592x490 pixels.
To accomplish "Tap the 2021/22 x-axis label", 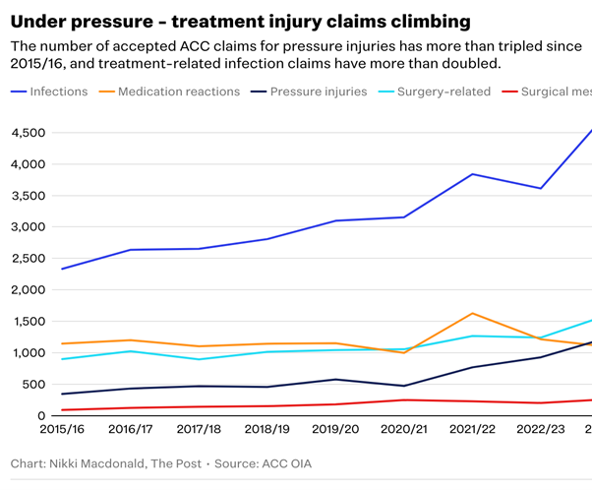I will coord(472,429).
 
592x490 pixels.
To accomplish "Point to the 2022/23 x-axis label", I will coord(540,429).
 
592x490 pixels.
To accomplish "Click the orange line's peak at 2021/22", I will coord(472,314).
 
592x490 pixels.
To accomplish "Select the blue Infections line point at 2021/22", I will coord(472,174).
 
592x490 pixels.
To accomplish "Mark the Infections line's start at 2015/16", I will coord(61,269).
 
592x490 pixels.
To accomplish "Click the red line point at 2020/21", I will coord(403,399).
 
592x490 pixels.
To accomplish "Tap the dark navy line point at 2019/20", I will coord(335,379).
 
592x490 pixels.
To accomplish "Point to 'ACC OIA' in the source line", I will coord(296,462).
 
